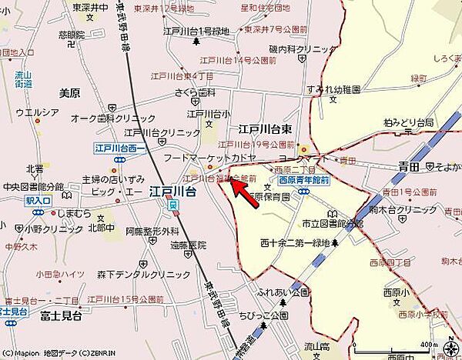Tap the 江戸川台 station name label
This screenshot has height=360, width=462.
click(x=172, y=192)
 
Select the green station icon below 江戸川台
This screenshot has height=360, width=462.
click(x=175, y=205)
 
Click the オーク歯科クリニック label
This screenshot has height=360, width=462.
click(x=107, y=118)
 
